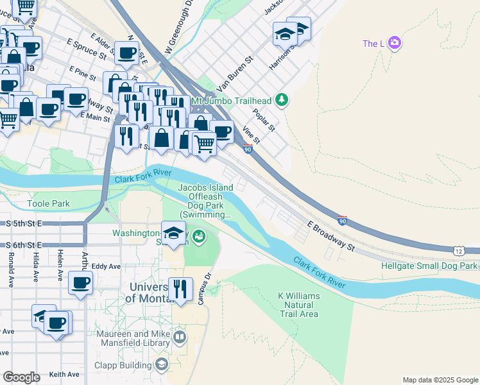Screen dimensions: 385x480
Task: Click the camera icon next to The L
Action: point(394,43)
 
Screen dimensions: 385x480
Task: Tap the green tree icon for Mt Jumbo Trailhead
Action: point(281,100)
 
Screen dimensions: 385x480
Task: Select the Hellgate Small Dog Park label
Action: point(429,265)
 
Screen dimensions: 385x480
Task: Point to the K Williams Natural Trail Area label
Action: point(298,304)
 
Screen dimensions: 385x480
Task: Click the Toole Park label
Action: point(48,204)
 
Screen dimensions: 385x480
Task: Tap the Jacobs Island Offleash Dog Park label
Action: point(204,200)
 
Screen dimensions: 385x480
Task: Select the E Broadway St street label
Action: point(330,235)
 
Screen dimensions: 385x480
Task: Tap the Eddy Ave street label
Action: point(106,266)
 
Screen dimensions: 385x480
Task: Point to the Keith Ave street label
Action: point(64,374)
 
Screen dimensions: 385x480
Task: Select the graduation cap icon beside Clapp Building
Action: point(161,365)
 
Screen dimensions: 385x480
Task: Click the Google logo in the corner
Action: point(21,377)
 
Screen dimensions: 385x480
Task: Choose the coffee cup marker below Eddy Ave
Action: point(81,283)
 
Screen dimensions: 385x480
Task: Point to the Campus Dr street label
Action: point(207,289)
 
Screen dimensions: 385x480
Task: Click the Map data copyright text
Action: point(440,380)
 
